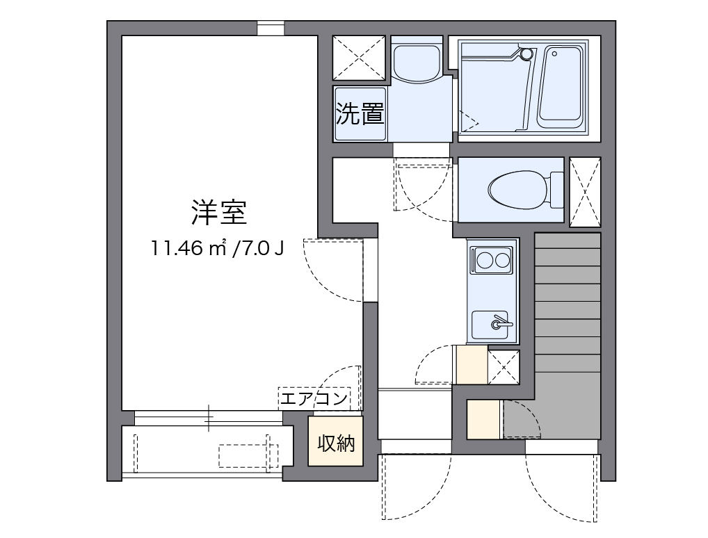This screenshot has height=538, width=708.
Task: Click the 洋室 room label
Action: point(219,212)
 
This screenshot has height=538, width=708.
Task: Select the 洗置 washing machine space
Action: point(360,115)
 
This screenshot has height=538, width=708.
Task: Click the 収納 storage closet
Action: point(337,442)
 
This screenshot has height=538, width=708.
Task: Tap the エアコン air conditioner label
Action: point(314,398)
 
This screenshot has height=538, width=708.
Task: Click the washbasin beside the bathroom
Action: point(416,61)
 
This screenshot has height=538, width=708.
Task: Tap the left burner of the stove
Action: point(484,261)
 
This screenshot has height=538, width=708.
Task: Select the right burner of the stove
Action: point(503,261)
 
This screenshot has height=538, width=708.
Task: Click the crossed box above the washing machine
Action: point(359,58)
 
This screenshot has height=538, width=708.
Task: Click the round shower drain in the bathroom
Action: point(526,53)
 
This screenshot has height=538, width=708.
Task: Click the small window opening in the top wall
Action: point(271,28)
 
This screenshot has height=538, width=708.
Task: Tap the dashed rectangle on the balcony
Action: point(248,456)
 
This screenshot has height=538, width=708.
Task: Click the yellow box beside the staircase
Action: point(483,420)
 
